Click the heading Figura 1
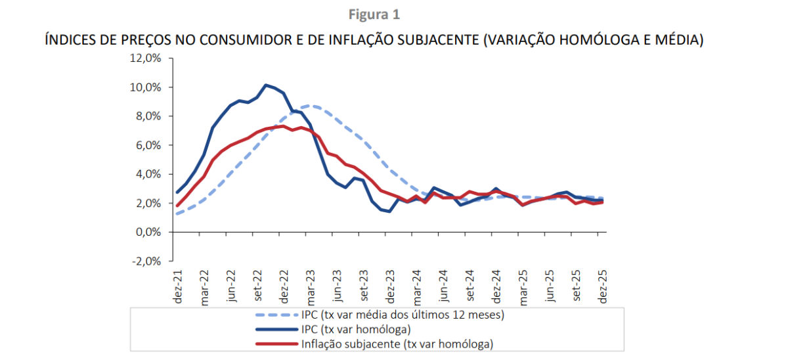click(x=374, y=14)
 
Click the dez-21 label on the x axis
click(x=177, y=286)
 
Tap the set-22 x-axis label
click(x=257, y=286)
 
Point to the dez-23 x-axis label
click(x=391, y=286)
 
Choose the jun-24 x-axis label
click(x=445, y=286)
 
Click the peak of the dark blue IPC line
click(x=266, y=85)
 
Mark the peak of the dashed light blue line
click(x=311, y=105)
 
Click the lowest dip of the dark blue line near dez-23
click(x=389, y=212)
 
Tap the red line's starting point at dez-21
click(x=177, y=206)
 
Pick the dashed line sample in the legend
click(x=275, y=315)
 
